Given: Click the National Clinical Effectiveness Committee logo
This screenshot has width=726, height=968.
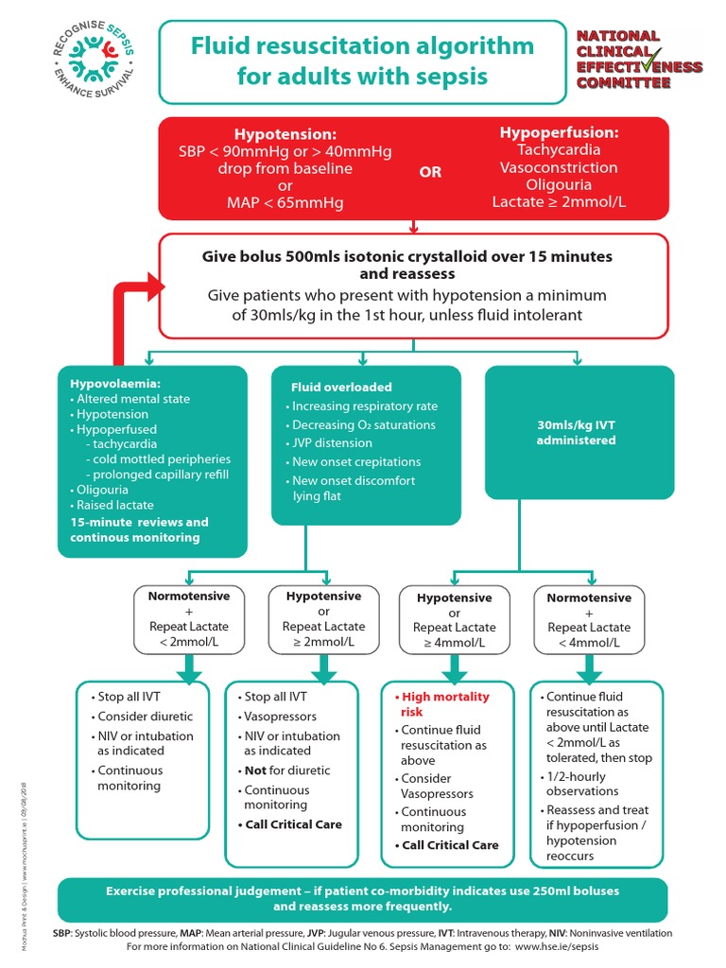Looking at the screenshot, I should click(639, 59).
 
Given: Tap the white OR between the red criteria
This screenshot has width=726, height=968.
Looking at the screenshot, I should click(430, 173).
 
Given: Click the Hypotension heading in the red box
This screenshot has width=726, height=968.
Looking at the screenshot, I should click(285, 134).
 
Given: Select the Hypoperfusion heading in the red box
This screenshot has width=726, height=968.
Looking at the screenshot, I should click(559, 132).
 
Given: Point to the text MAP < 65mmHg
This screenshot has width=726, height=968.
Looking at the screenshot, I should click(285, 202).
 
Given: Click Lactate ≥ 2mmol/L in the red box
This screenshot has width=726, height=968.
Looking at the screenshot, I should click(559, 202).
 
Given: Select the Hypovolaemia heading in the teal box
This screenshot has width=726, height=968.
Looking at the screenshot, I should click(114, 384).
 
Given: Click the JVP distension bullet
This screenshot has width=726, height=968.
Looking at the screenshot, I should click(332, 442).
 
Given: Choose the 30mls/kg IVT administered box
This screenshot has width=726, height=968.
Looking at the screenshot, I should click(579, 432).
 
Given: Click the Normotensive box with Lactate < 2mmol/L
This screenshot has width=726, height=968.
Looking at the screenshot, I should click(188, 619).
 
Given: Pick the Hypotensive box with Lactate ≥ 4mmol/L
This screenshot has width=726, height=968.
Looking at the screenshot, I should click(454, 620).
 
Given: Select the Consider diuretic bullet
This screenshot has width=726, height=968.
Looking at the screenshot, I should click(144, 716).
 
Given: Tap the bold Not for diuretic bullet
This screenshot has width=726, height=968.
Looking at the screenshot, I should click(289, 769).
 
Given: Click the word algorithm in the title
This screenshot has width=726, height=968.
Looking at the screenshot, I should click(466, 46).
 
